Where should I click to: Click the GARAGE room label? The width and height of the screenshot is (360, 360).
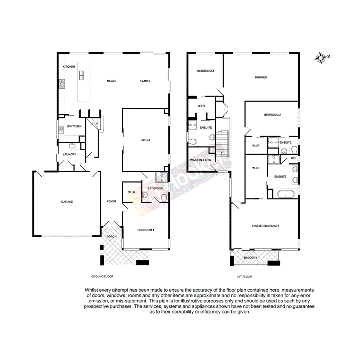click(x=66, y=202)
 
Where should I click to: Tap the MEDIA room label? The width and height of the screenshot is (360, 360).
click(x=146, y=140)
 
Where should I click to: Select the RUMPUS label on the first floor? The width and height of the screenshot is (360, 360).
click(x=261, y=78)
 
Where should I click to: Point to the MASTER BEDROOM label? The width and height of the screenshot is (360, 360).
click(x=265, y=226)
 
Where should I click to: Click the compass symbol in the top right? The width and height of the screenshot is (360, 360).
click(x=321, y=58)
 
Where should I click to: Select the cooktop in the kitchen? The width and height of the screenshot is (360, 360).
click(x=61, y=83)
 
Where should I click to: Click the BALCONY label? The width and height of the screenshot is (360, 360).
click(x=250, y=258)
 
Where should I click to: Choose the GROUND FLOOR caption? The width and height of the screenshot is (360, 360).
click(x=102, y=277)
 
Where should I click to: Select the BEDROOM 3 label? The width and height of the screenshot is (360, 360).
click(x=205, y=71)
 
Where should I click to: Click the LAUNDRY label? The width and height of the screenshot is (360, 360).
click(x=70, y=155)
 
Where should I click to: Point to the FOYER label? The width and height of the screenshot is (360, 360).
click(x=112, y=202)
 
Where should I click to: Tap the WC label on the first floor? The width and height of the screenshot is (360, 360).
click(x=293, y=158)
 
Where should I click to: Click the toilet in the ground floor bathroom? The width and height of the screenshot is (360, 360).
click(x=164, y=198)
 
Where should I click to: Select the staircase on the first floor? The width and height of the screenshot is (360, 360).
click(x=222, y=143)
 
